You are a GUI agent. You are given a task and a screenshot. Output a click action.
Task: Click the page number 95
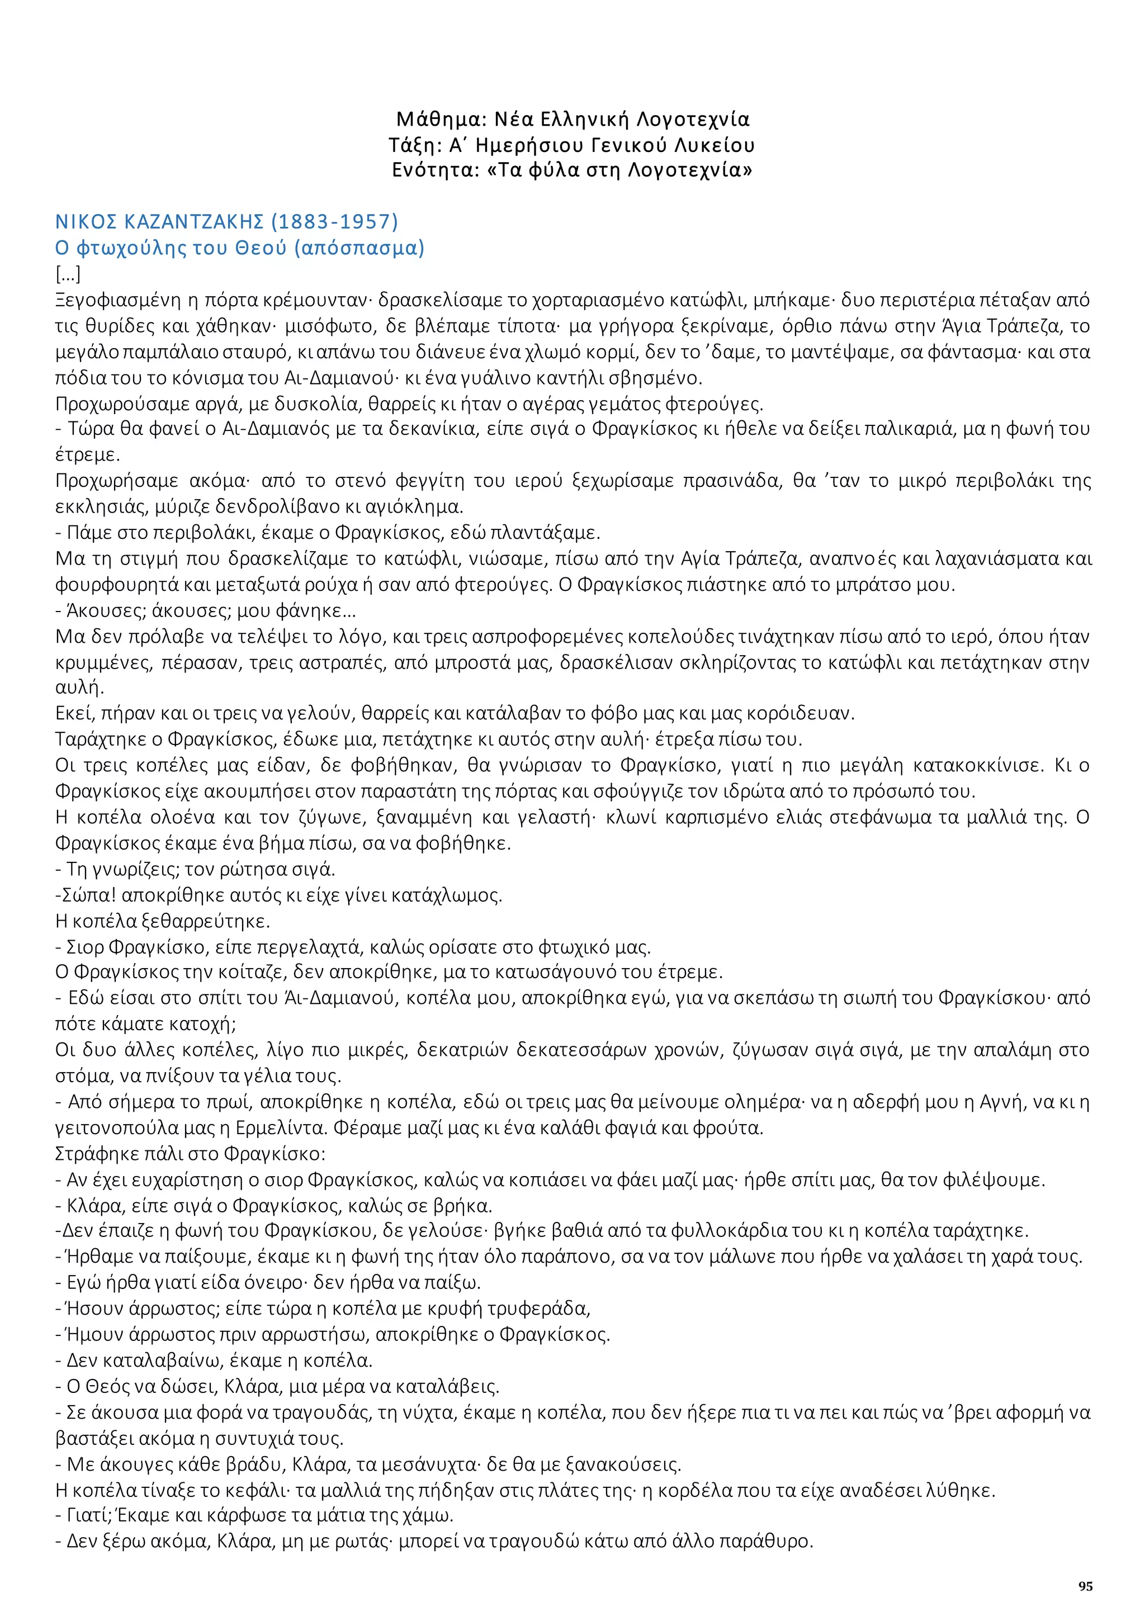click(x=1085, y=1586)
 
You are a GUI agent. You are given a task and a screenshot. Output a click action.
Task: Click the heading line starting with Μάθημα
click(x=572, y=119)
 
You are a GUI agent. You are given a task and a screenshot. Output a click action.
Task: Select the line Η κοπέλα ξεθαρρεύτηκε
click(x=163, y=921)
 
